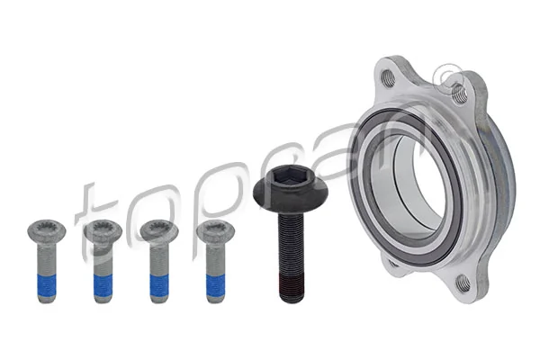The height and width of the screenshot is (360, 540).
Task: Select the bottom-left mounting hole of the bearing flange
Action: pos(393,264)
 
